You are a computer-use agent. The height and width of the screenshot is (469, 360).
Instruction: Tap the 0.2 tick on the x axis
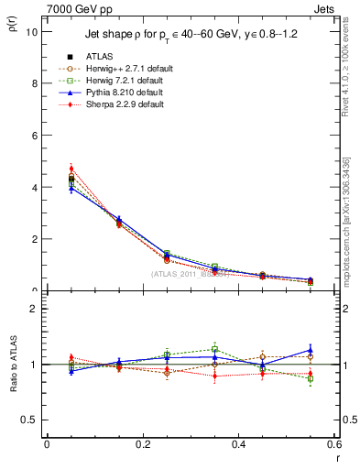click(142, 445)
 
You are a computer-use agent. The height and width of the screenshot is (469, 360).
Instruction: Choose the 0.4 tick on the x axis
click(238, 445)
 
